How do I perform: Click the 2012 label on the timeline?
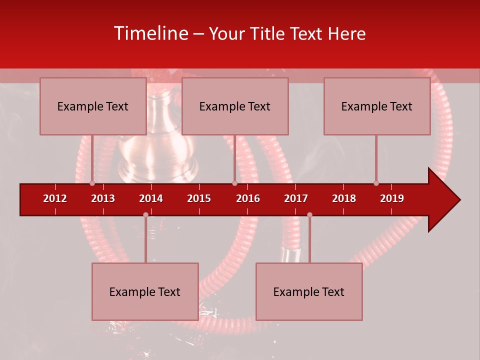[55, 198]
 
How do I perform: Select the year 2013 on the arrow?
[103, 198]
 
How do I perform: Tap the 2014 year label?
[151, 198]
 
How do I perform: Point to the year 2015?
[199, 198]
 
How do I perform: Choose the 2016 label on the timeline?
[248, 198]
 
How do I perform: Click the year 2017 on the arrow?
[296, 198]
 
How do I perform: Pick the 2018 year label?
[344, 198]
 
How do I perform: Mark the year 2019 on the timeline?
[392, 198]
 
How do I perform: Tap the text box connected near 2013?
[93, 106]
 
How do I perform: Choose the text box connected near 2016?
[235, 106]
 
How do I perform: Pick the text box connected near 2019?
[377, 106]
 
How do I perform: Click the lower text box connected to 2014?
[145, 291]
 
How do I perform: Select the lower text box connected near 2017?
[309, 291]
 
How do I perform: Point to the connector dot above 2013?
[92, 183]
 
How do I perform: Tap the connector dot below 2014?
[145, 215]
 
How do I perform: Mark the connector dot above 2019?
[376, 183]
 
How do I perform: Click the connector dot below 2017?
[309, 215]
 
